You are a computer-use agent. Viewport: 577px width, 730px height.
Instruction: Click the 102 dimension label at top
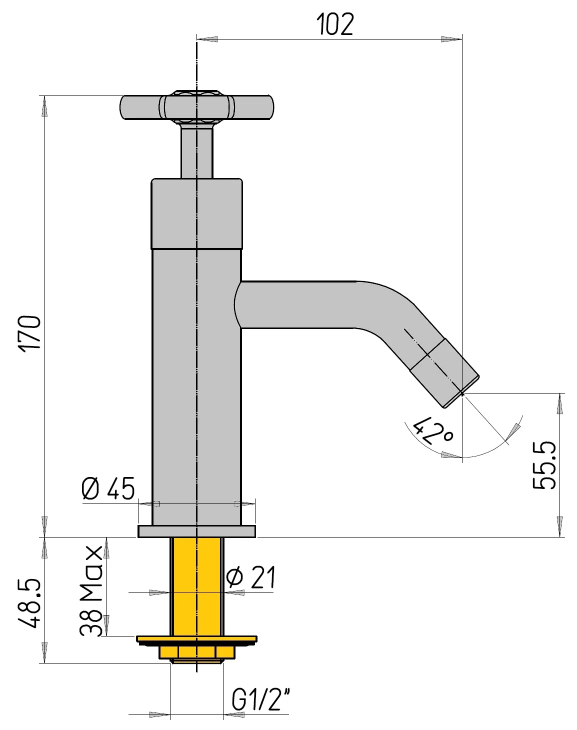point(335,24)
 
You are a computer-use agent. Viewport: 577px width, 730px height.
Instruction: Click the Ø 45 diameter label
point(108,488)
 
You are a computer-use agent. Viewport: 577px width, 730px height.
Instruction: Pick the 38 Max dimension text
point(91,591)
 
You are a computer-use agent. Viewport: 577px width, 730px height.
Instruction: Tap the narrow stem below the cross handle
point(196,152)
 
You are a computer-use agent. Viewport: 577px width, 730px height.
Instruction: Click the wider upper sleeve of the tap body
point(196,213)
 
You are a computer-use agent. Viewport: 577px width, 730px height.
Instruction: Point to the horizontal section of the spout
point(300,304)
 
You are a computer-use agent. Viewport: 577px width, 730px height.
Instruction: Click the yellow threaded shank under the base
point(196,585)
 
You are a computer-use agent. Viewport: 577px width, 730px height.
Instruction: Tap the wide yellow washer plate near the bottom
point(196,639)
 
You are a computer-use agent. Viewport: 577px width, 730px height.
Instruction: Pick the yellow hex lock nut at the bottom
point(196,652)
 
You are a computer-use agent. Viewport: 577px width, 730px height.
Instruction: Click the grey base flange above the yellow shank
point(196,531)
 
